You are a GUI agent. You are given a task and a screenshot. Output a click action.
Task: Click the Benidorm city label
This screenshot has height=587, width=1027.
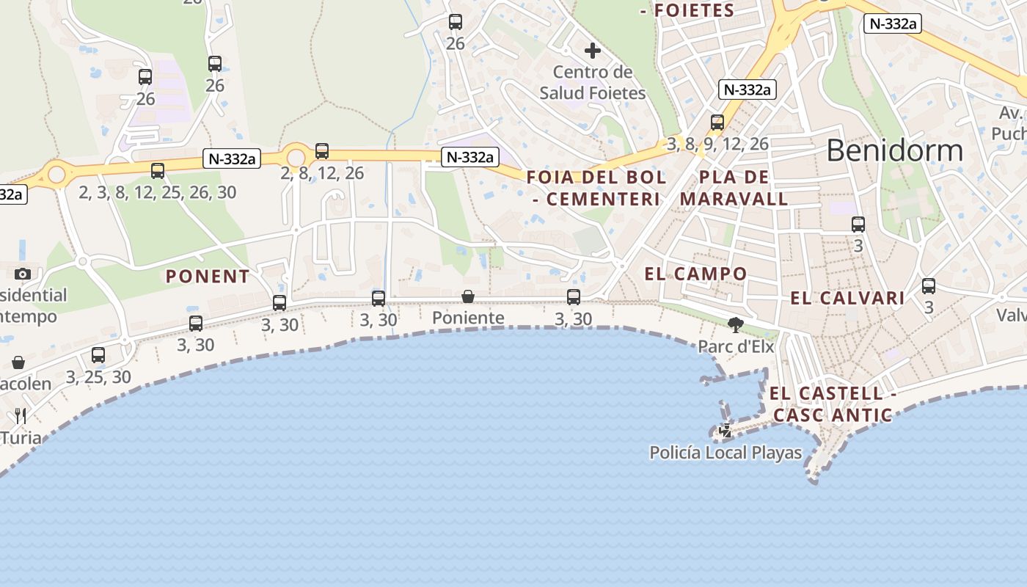[x=894, y=150]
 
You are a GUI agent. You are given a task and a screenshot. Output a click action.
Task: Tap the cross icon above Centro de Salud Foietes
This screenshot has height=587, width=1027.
[x=593, y=51]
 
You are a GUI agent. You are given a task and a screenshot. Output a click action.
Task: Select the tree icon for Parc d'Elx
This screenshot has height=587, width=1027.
[x=735, y=324]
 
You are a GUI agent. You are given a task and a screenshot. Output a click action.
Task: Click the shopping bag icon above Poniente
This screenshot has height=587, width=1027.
[x=468, y=296]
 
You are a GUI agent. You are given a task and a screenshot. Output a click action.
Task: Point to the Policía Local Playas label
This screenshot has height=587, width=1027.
[x=726, y=453]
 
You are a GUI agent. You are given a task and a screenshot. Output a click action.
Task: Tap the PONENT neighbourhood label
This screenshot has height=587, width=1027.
[x=208, y=277]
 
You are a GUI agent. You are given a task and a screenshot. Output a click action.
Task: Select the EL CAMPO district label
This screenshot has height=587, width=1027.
[x=695, y=274]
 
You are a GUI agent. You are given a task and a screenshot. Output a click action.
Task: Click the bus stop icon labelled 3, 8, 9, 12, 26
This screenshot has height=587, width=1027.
[x=717, y=122]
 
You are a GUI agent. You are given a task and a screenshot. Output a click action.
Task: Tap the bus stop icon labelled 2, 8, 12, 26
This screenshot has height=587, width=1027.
[x=322, y=151]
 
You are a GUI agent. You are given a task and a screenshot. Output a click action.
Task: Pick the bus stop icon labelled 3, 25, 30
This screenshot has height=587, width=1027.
[x=98, y=355]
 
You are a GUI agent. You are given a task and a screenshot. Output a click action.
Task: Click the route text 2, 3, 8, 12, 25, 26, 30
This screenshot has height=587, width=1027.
[x=158, y=192]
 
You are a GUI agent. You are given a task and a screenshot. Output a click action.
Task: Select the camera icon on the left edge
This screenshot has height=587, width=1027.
[x=22, y=274]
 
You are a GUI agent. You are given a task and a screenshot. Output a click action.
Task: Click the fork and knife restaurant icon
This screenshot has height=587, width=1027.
[x=21, y=416]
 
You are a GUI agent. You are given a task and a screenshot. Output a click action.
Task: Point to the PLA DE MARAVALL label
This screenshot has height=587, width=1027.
[x=734, y=188]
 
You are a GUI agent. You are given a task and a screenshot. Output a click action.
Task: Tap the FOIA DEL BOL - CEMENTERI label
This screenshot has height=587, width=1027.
[x=596, y=188]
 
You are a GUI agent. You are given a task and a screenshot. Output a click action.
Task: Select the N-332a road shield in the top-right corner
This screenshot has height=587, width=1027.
[x=892, y=23]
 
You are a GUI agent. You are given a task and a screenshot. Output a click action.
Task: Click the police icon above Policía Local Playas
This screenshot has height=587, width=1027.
[x=726, y=431]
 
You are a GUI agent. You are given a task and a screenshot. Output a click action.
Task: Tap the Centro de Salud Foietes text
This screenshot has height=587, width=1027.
[x=593, y=82]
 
